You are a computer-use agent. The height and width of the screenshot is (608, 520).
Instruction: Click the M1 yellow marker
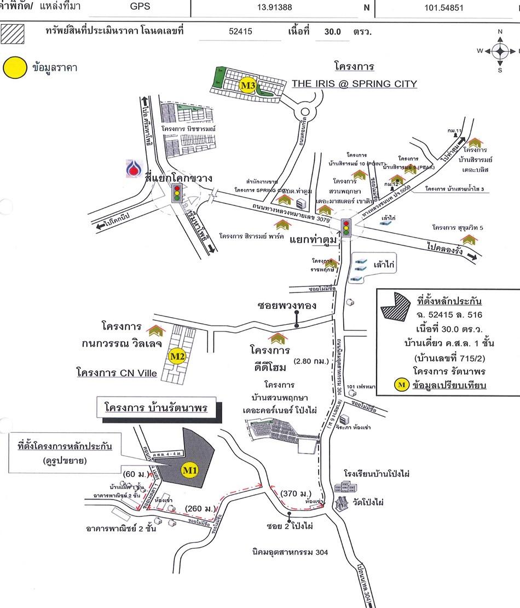pos(189,471)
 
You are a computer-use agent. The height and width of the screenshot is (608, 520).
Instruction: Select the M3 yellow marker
pos(248,85)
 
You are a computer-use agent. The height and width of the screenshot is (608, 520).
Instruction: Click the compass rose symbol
pos(500,51)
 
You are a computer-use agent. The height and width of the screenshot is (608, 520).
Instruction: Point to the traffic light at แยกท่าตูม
pos(346,226)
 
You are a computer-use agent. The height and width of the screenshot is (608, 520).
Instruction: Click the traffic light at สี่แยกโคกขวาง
pos(177,194)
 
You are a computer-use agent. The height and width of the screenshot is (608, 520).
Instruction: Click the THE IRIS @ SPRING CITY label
pos(354,84)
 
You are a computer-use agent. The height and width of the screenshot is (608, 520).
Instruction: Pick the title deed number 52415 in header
pos(241,32)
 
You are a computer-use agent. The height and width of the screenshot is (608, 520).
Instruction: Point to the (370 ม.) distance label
pos(296,494)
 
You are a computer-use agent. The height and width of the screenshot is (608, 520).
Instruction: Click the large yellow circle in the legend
pos(15,68)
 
